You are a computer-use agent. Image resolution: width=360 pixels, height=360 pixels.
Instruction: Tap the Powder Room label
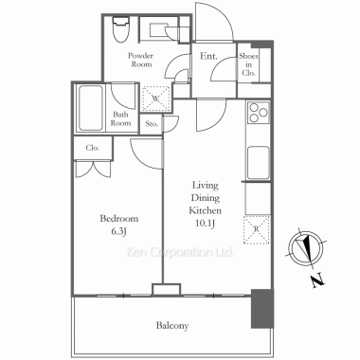coord(141,60)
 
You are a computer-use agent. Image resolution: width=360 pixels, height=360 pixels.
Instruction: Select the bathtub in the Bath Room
coord(91,108)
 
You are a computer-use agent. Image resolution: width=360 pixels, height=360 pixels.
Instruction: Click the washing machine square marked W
coord(156,99)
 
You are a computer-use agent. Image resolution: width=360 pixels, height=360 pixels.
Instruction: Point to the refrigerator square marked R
coord(257,230)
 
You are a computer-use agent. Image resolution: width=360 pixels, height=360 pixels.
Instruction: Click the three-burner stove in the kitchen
coord(259,113)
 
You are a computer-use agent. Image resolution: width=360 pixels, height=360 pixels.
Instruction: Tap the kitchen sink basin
coord(259,163)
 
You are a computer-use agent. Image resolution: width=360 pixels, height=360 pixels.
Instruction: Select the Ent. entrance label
coord(208,56)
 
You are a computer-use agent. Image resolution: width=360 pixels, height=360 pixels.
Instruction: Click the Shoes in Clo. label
coord(248,64)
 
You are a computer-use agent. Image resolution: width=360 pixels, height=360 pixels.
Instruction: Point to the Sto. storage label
coord(152,124)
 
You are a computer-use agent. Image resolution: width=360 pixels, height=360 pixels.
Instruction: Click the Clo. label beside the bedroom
coord(93,148)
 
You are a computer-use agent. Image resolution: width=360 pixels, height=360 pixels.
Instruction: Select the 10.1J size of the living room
coord(206,224)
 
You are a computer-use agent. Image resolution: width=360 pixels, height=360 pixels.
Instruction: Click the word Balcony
coord(172,325)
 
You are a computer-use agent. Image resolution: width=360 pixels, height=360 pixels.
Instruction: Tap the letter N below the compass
coord(318,280)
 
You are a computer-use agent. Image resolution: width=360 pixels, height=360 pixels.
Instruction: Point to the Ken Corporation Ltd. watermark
coord(180,252)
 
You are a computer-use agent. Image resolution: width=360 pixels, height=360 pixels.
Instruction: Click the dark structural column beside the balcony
coord(261,309)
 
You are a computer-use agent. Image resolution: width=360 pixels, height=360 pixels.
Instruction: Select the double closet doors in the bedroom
coord(93,169)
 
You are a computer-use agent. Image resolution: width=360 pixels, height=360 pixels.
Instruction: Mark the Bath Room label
coord(120,118)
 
